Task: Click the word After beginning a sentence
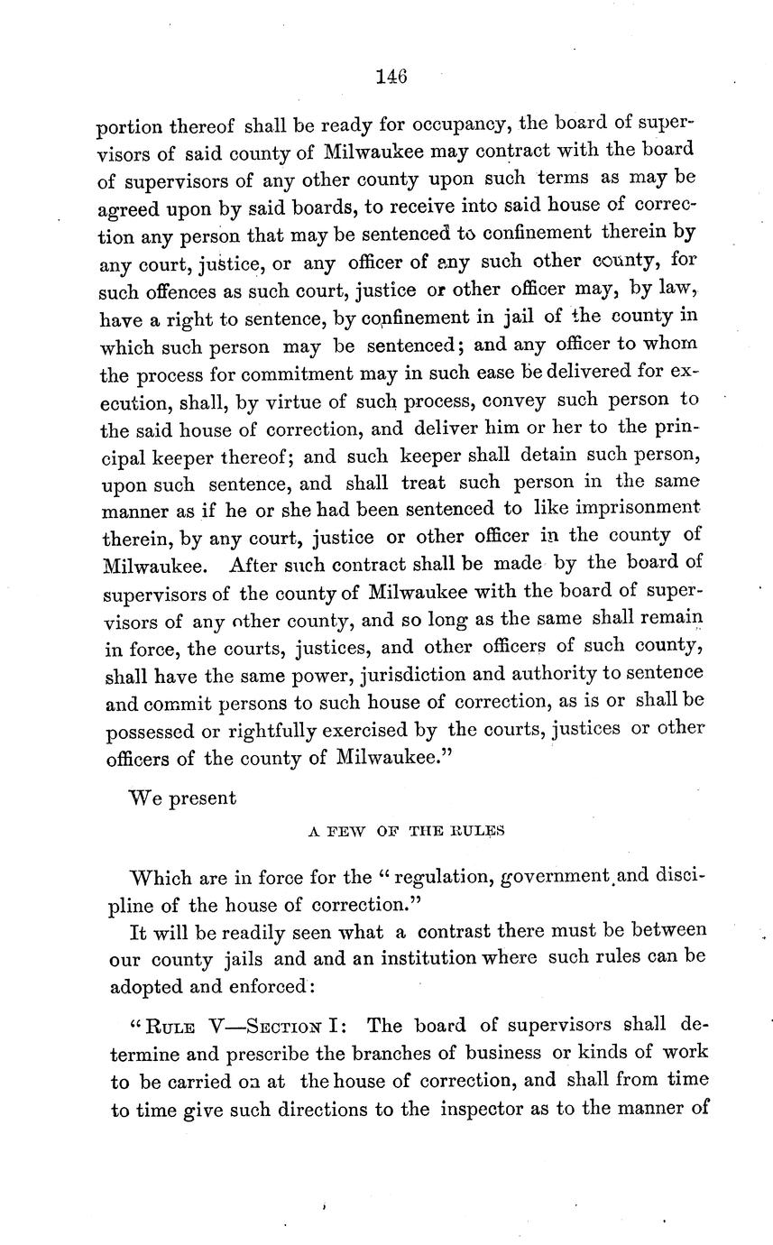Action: [259, 564]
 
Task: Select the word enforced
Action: [263, 986]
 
